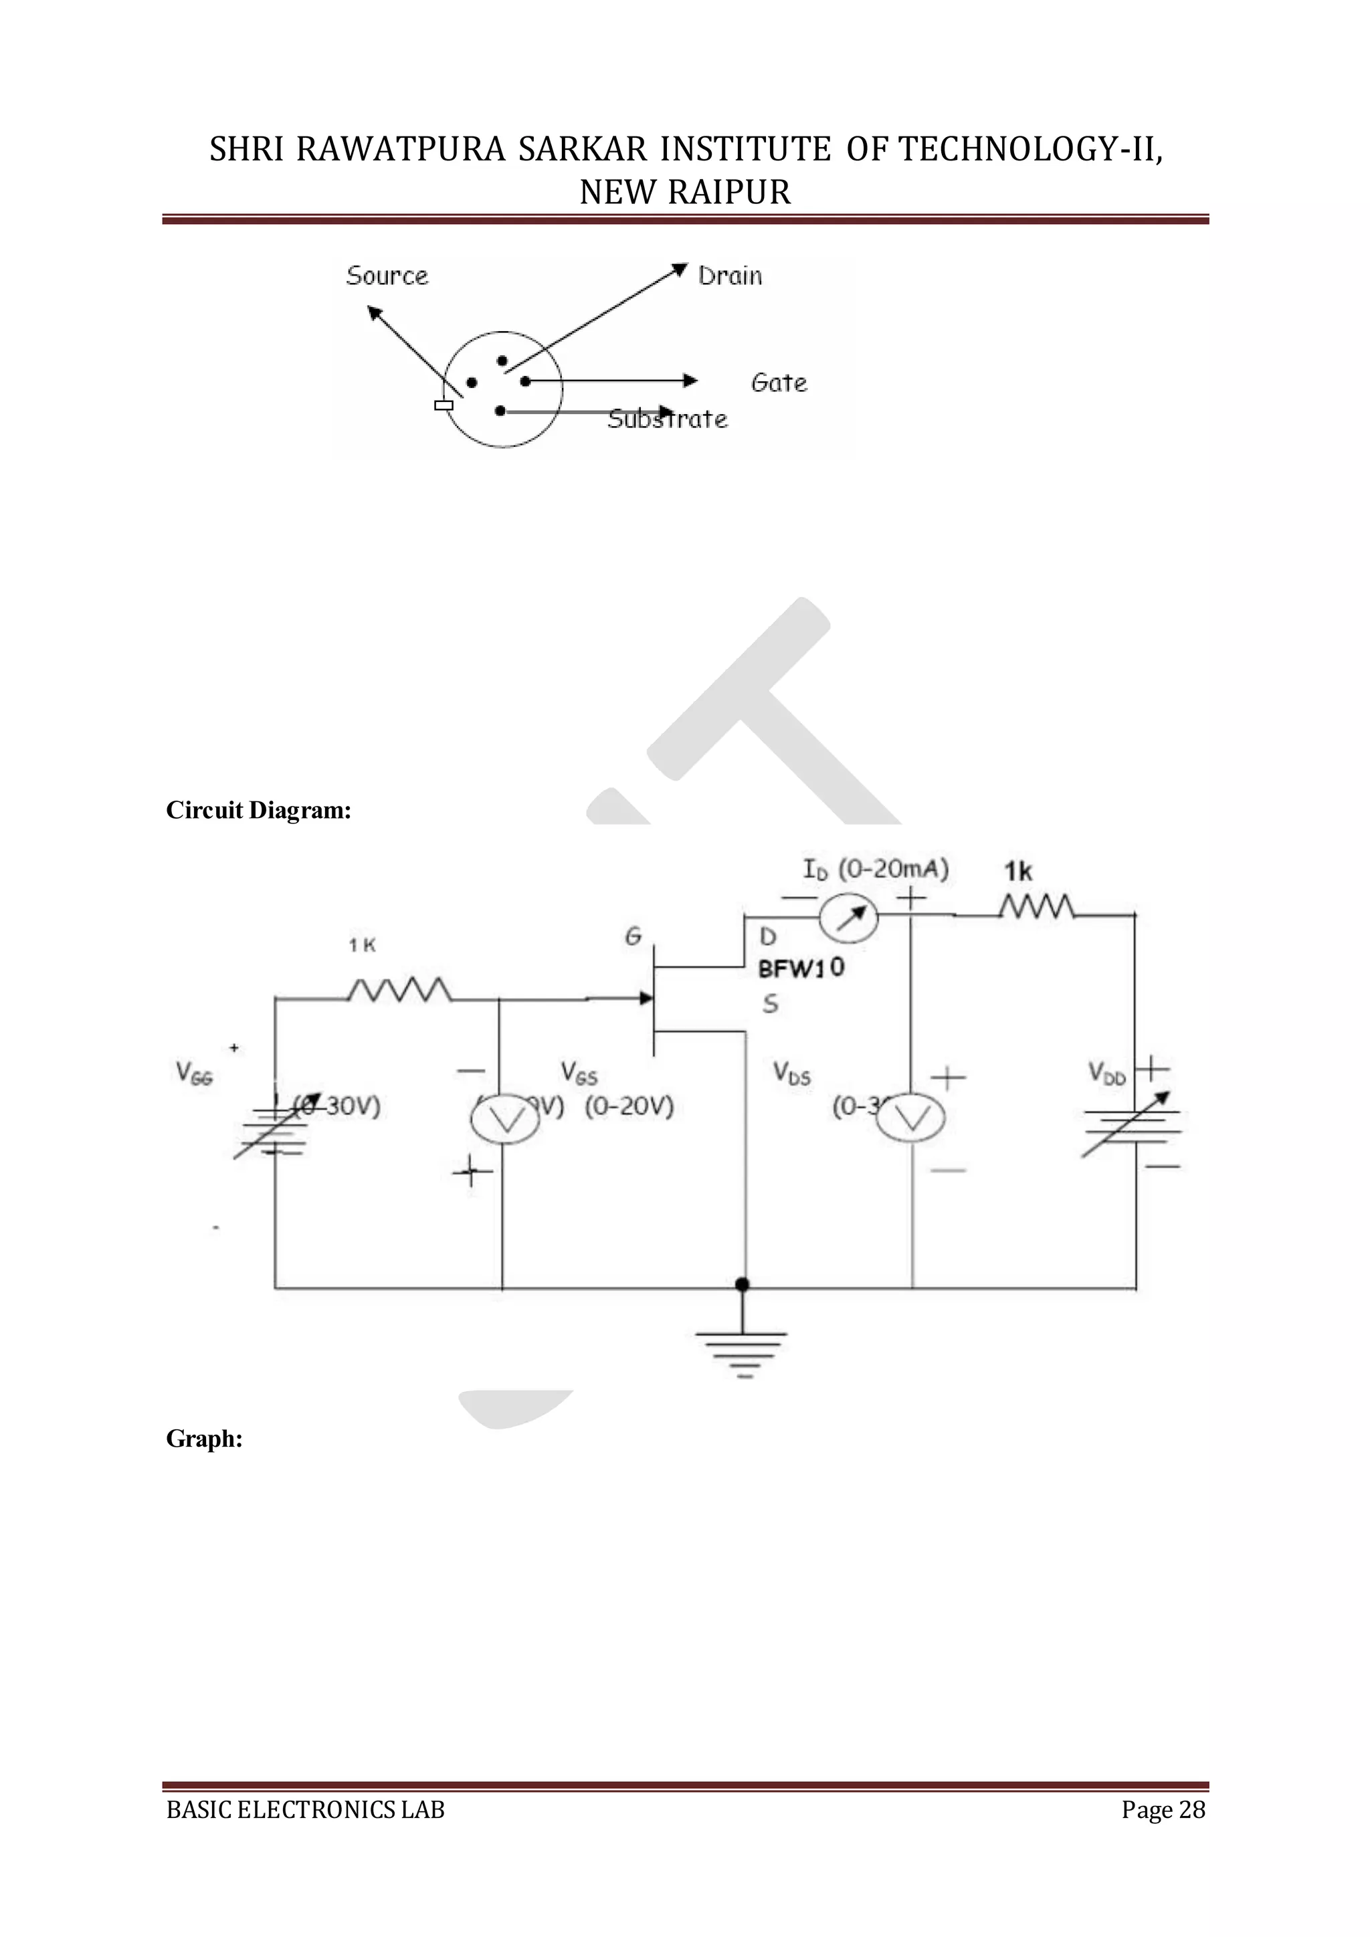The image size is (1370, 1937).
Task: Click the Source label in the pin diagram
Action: pos(387,276)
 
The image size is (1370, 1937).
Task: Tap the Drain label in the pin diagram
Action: pos(730,276)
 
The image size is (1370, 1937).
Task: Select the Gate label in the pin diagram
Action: pos(779,383)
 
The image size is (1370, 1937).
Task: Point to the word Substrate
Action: pos(668,419)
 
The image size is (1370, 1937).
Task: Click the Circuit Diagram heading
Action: pos(258,811)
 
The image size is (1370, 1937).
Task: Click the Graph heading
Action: pos(204,1439)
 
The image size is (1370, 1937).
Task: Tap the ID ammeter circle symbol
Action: pos(849,918)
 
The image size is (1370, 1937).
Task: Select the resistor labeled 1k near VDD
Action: pos(1037,908)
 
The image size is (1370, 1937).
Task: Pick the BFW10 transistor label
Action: pos(801,968)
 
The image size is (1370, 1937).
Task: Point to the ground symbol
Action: pos(741,1350)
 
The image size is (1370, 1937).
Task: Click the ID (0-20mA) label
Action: pos(875,869)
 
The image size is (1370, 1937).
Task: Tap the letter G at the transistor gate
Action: pos(633,936)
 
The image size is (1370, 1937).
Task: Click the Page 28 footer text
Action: pos(1163,1810)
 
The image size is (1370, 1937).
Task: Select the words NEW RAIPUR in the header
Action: pos(685,193)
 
